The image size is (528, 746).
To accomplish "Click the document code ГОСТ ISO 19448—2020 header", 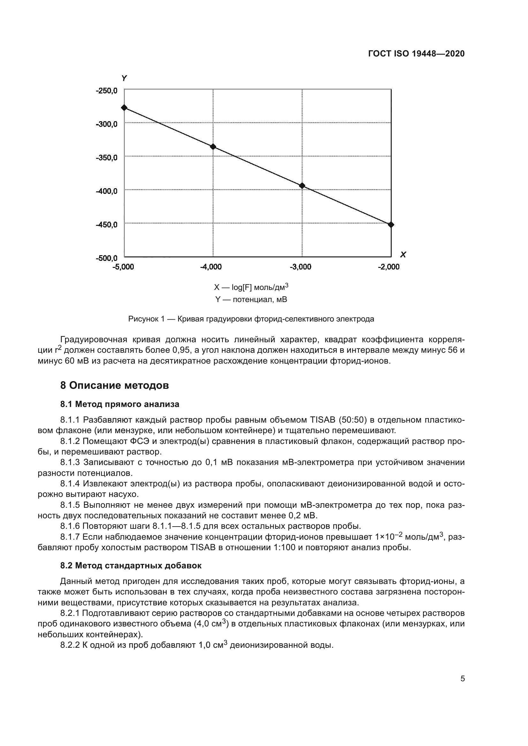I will click(416, 54).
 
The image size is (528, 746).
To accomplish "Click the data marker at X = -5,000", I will click(124, 107).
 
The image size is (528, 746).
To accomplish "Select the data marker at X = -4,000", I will click(213, 146).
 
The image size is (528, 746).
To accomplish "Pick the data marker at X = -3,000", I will click(302, 186).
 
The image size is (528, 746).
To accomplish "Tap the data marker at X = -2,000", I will click(391, 225).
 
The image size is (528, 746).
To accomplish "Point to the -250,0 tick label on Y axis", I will click(107, 91).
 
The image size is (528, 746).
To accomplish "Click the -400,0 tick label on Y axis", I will click(107, 191).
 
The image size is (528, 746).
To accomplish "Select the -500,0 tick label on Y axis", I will click(107, 258).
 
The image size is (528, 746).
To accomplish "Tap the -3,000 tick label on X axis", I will click(300, 267).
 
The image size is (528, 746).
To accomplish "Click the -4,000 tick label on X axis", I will click(211, 267).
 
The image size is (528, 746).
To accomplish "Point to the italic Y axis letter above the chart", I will click(124, 78).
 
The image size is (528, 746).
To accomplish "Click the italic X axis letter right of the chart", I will click(403, 255).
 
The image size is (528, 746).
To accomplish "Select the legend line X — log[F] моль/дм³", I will click(251, 287).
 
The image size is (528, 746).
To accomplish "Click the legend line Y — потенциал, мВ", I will click(251, 299).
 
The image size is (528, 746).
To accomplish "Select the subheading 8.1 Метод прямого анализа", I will click(120, 404).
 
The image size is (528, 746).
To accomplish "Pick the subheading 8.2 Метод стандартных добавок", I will click(131, 565).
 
